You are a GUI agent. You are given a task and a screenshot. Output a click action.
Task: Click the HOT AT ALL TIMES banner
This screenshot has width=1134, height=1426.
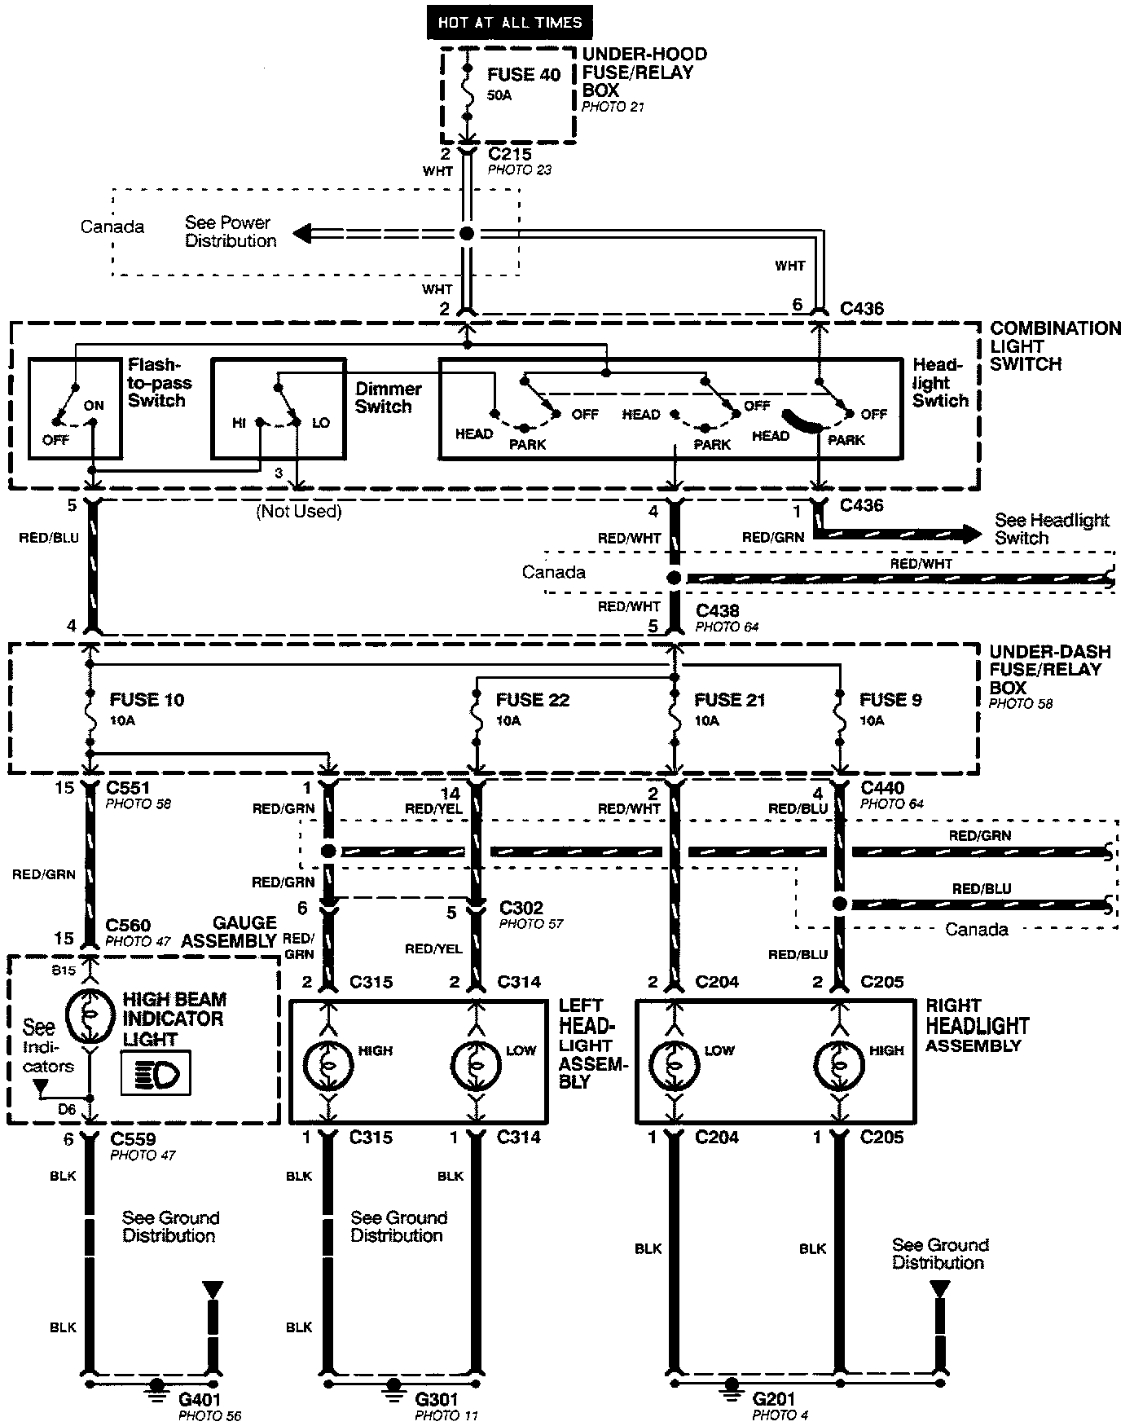(x=509, y=22)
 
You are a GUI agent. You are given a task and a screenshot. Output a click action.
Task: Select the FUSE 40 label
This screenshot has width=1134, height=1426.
(x=524, y=75)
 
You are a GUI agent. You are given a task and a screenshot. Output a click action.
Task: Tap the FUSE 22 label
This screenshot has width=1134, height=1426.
(x=532, y=700)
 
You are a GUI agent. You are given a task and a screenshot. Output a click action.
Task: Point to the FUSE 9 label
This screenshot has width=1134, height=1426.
(x=890, y=700)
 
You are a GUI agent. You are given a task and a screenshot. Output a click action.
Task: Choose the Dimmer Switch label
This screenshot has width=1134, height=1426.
(x=388, y=398)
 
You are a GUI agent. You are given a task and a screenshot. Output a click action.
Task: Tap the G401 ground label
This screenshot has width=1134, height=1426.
(x=200, y=1398)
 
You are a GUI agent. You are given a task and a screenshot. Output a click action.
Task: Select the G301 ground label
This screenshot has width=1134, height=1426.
(x=436, y=1398)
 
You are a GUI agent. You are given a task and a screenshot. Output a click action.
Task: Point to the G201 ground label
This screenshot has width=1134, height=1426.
(x=775, y=1398)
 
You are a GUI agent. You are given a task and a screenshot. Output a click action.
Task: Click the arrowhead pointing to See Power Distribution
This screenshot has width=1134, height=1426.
(x=301, y=234)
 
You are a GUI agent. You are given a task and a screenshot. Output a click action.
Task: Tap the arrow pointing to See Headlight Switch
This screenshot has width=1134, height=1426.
(x=969, y=535)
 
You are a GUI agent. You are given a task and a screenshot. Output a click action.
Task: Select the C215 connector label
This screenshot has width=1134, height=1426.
(x=509, y=154)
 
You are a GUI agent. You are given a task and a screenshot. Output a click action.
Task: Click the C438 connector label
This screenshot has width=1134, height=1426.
(x=717, y=611)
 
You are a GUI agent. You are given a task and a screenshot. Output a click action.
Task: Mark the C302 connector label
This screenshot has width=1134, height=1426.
(x=521, y=908)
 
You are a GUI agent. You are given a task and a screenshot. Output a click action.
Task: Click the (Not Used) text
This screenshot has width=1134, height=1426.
(x=298, y=512)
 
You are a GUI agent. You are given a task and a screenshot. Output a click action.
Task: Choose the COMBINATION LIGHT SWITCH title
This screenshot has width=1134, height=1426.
(x=1054, y=346)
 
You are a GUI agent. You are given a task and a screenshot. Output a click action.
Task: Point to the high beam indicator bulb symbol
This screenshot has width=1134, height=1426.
(x=90, y=1016)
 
